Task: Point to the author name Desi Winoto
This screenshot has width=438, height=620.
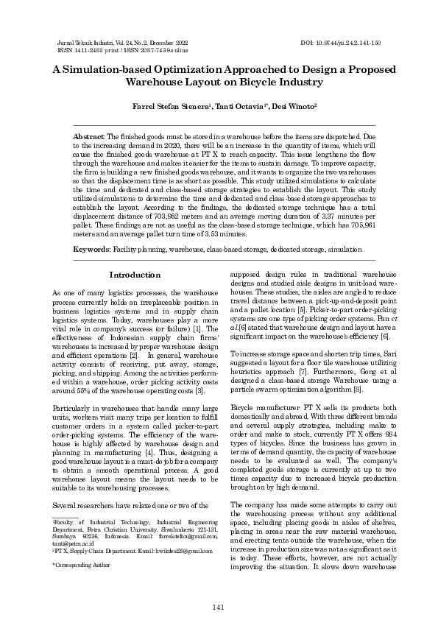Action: pos(294,107)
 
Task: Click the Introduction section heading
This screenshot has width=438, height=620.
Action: pos(135,275)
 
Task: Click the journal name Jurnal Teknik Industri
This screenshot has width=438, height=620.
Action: pos(85,44)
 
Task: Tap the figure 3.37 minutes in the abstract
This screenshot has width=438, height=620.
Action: pos(324,219)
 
